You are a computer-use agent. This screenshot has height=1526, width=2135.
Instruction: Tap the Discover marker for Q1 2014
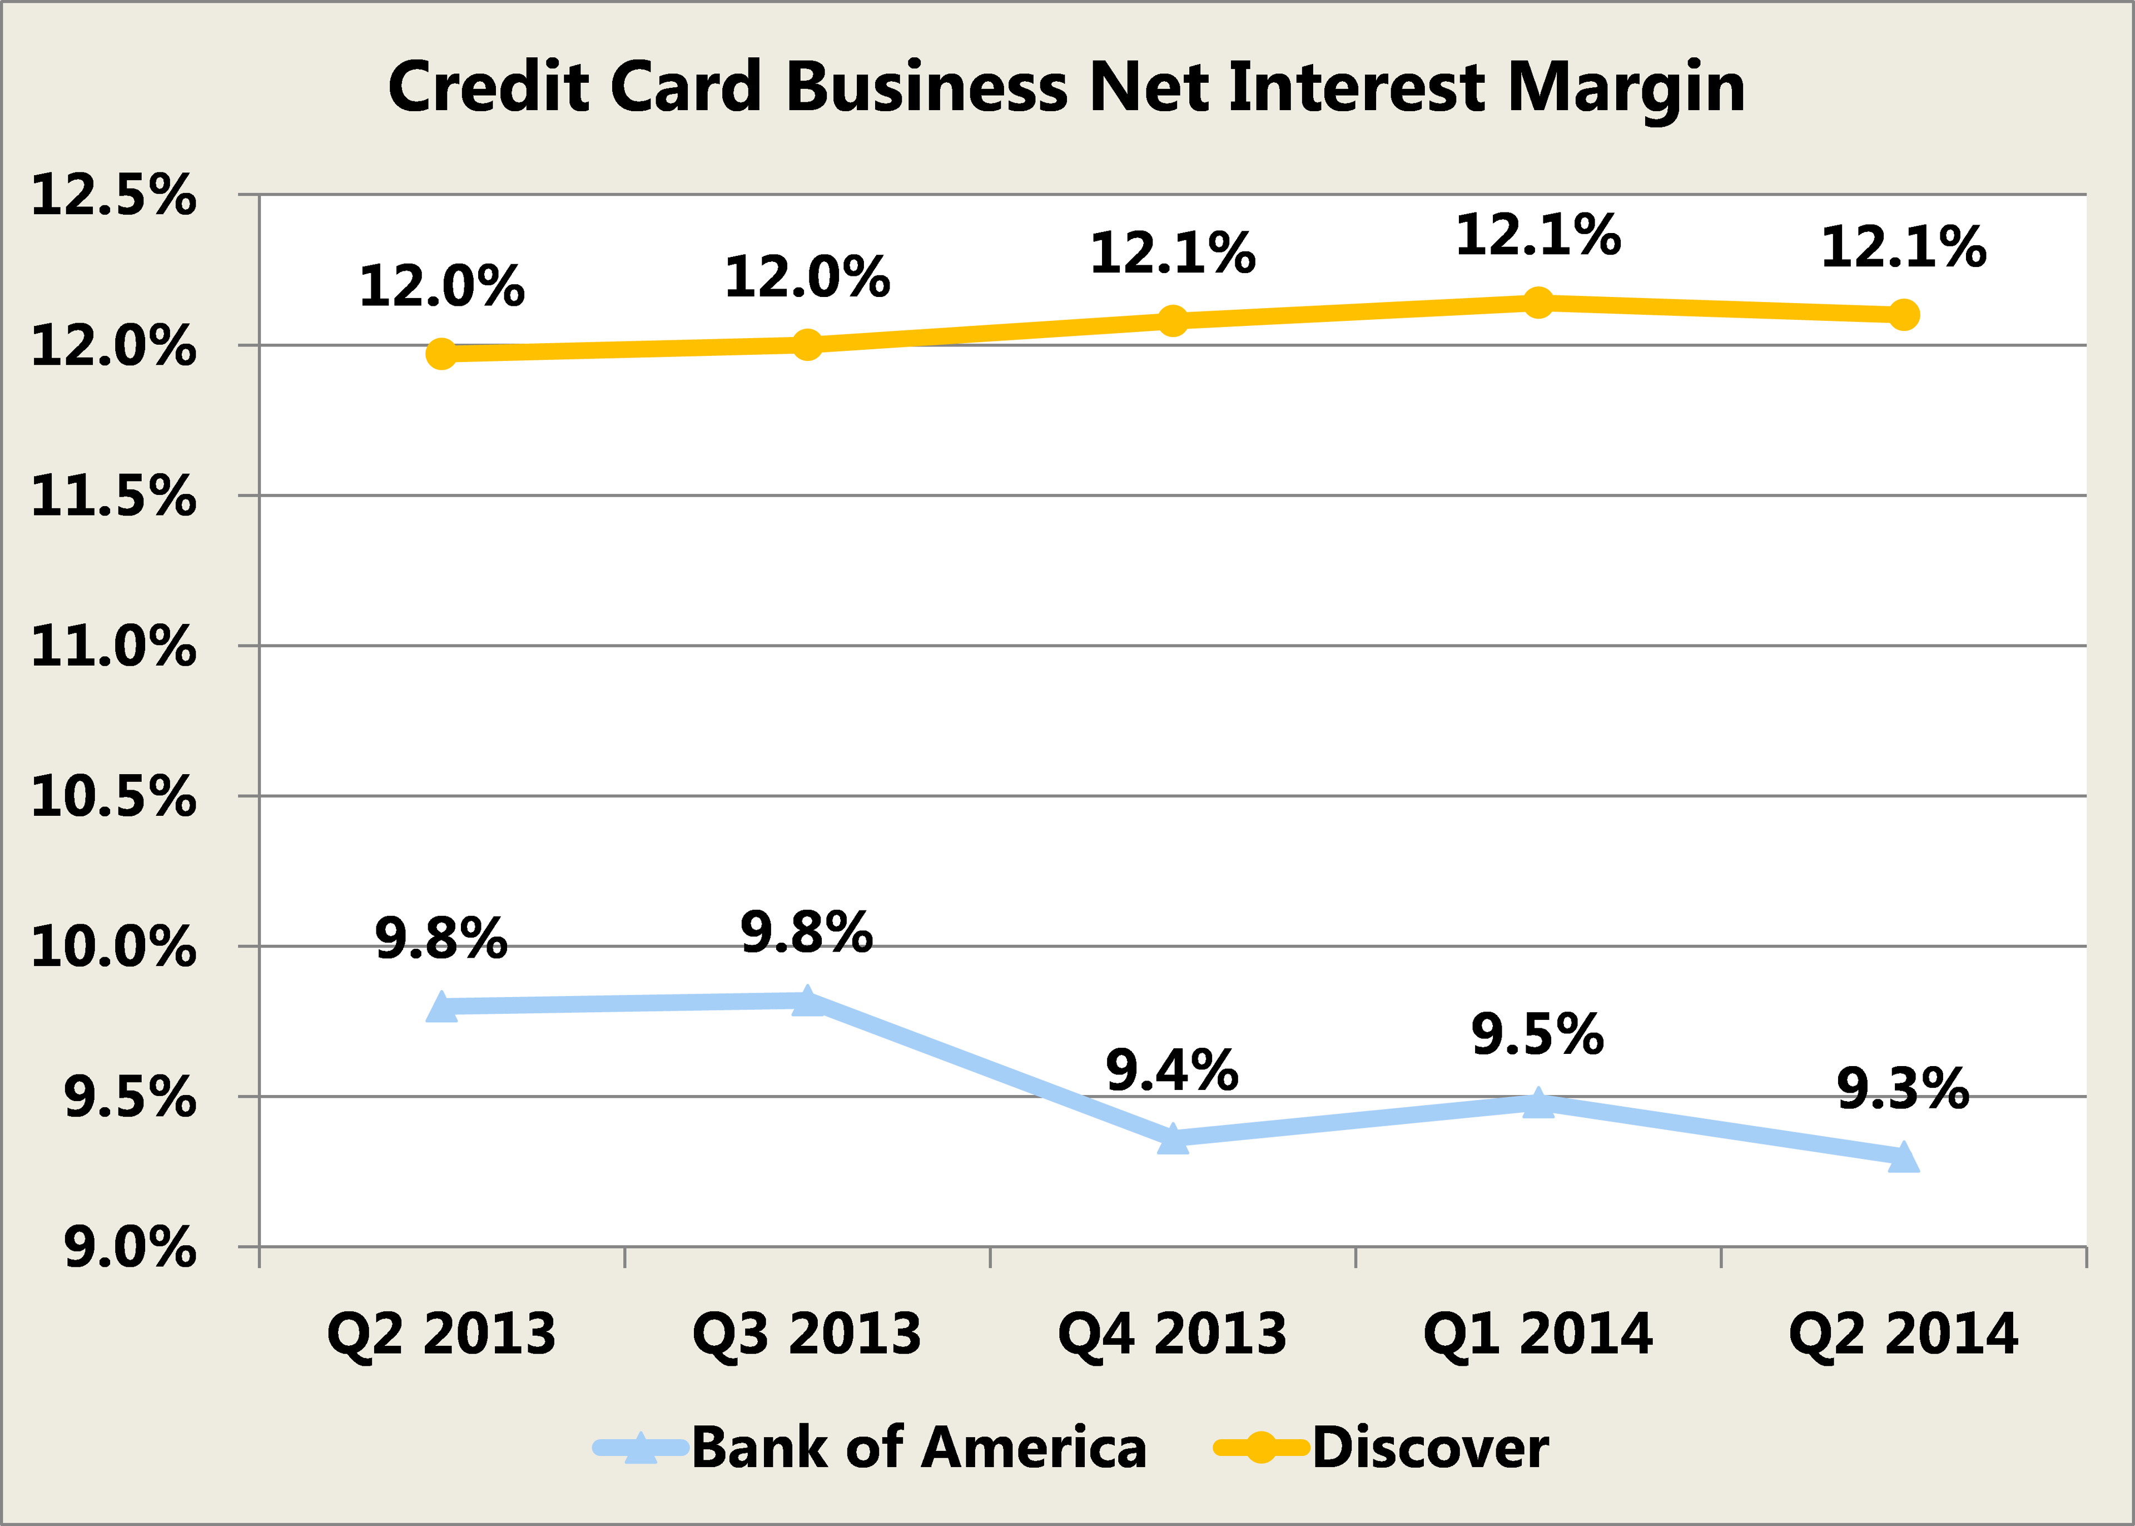click(1538, 303)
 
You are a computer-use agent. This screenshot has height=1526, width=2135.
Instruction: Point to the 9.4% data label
click(1172, 1071)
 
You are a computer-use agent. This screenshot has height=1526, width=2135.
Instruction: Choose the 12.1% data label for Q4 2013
click(1172, 254)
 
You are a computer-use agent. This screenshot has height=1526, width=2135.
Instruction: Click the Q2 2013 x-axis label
click(440, 1334)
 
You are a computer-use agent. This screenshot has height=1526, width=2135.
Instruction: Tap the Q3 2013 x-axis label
click(807, 1334)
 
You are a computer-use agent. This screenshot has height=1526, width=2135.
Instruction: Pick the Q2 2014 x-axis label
click(1903, 1334)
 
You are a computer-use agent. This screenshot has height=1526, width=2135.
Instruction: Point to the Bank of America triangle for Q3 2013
click(807, 1002)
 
